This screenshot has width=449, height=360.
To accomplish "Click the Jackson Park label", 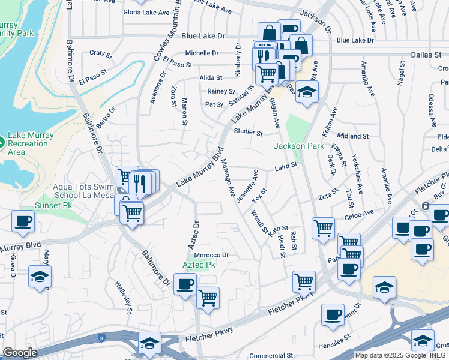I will click(299, 146).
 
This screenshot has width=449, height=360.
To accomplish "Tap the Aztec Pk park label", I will click(199, 265).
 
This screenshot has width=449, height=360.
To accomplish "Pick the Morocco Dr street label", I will click(211, 255).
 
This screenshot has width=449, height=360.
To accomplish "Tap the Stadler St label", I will click(249, 131).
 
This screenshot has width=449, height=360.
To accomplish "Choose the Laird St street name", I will click(286, 166).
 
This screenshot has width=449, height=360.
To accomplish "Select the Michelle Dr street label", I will click(202, 53).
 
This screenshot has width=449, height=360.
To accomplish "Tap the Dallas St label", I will click(426, 55).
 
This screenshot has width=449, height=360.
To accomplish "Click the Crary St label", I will click(97, 53).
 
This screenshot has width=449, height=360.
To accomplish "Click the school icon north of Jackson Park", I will click(307, 92).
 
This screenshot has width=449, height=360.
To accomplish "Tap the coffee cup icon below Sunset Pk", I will click(23, 220).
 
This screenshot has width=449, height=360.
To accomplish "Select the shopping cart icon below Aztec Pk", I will click(208, 298).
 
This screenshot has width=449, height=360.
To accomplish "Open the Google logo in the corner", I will click(20, 353).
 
